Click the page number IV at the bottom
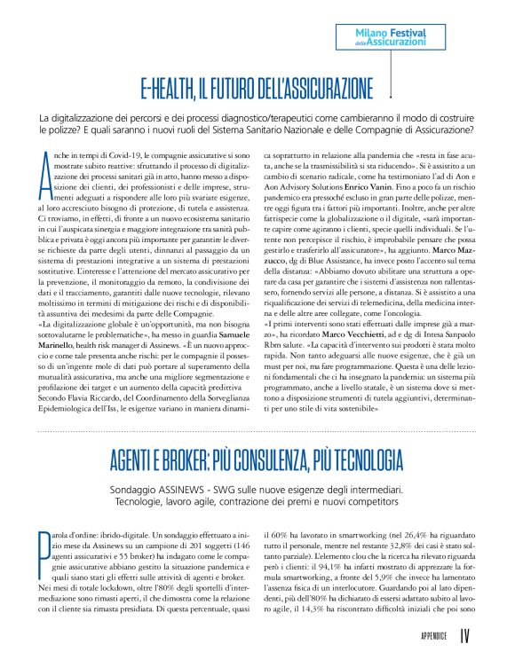(465, 636)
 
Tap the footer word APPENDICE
(432, 637)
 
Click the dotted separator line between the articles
(257, 430)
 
